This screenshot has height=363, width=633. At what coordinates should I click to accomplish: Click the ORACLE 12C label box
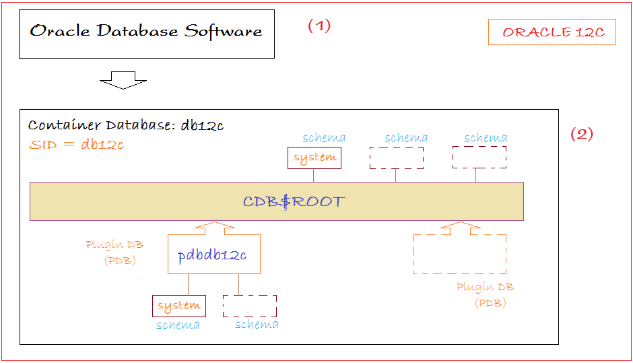tap(552, 32)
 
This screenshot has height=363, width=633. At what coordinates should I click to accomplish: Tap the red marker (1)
tap(319, 26)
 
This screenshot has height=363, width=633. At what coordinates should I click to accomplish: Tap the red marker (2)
tap(582, 133)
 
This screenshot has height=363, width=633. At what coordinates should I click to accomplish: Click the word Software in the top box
tap(224, 31)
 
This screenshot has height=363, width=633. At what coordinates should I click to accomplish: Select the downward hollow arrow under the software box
tap(123, 80)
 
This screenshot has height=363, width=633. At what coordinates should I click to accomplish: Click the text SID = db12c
tap(77, 144)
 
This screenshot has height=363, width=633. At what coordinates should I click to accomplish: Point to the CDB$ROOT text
tap(294, 201)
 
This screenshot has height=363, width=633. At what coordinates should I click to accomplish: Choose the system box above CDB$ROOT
tap(314, 158)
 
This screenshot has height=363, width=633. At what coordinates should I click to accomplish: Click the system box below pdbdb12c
tap(179, 306)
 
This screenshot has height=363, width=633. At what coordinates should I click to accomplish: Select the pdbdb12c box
tap(214, 255)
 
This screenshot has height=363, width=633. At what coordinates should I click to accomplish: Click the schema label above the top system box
tap(324, 137)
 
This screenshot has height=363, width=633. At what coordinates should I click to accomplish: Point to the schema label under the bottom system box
tap(178, 325)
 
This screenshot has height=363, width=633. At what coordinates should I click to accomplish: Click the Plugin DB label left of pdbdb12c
tap(114, 244)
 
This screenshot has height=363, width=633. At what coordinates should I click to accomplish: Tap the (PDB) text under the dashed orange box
tap(490, 303)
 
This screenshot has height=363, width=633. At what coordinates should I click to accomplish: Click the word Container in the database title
tap(64, 125)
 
